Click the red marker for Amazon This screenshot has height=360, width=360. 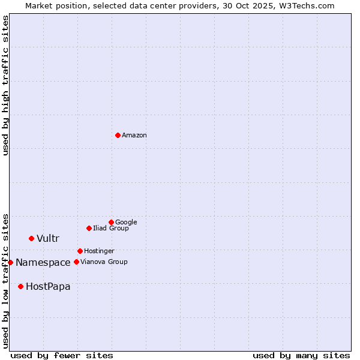(118, 135)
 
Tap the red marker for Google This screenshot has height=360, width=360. (111, 222)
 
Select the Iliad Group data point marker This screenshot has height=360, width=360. (89, 228)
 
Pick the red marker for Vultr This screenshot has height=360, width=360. (31, 238)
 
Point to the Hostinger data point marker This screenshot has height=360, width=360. (80, 251)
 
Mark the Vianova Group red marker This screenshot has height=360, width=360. (76, 262)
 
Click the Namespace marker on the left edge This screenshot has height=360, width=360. (10, 262)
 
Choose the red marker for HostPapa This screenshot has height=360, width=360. (20, 286)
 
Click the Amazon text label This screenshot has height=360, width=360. (134, 136)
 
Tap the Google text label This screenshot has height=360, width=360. (126, 223)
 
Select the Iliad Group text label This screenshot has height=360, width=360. (111, 229)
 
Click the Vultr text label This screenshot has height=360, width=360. (48, 239)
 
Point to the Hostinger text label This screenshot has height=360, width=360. (99, 251)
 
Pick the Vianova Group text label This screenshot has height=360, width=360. (104, 262)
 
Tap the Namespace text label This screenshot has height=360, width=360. (43, 263)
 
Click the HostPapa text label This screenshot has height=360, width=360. (48, 287)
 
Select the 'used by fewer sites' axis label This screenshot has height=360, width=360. (62, 355)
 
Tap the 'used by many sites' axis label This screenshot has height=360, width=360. (301, 355)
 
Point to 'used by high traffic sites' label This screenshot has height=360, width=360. (6, 85)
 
